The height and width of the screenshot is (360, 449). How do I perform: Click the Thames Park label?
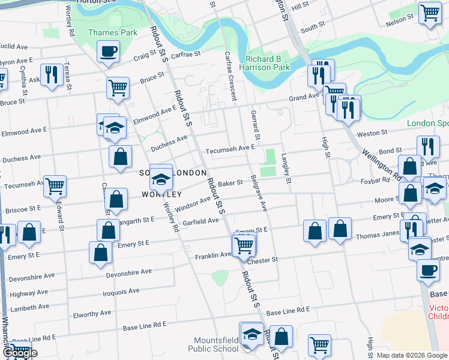[x=113, y=32]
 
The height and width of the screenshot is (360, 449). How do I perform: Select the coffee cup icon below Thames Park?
[x=108, y=52]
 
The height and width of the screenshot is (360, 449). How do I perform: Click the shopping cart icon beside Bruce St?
[x=118, y=88]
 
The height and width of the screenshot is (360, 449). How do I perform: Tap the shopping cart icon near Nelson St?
[x=430, y=13]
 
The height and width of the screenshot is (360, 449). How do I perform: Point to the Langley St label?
[x=287, y=169]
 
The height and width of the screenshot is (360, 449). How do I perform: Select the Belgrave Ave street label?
[x=259, y=192]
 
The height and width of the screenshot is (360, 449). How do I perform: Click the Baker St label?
[x=230, y=183]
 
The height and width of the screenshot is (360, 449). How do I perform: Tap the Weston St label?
[x=372, y=134]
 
